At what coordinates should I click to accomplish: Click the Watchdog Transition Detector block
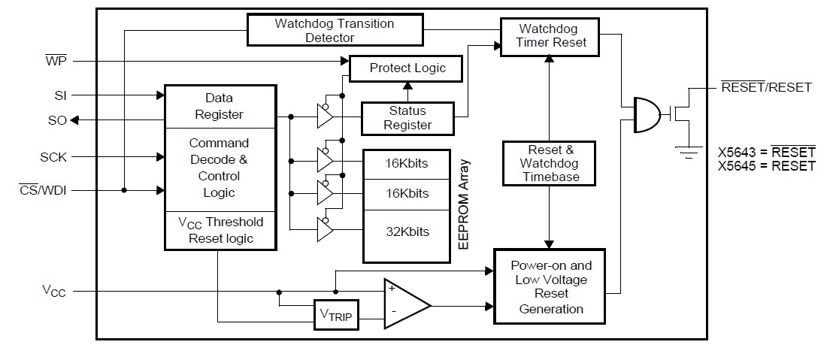335,30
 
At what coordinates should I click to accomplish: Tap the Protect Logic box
407,68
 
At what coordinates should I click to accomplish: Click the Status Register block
407,118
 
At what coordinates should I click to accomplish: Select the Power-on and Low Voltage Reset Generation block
550,287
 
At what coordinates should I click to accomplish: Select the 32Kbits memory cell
407,231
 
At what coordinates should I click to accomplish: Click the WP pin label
56,60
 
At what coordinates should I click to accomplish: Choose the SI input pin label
60,95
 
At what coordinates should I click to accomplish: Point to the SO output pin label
56,120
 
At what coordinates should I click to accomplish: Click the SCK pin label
54,157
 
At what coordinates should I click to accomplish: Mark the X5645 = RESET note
766,166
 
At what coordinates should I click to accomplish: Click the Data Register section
219,106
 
